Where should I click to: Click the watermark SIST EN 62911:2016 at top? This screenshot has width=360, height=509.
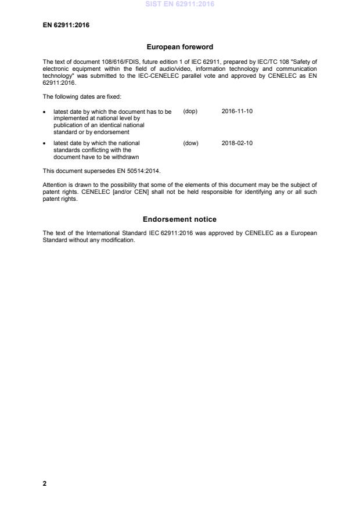pos(179,4)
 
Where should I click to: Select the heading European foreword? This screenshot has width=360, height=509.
pos(179,48)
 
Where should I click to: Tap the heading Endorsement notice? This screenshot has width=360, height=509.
pos(179,219)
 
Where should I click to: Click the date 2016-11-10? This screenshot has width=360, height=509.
pos(237,111)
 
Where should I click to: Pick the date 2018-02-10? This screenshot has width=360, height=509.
pos(237,143)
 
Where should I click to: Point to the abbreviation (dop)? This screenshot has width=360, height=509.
pos(190,111)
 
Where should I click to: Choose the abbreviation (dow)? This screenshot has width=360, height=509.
pos(190,143)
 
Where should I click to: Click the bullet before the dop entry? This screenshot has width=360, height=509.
pos(45,112)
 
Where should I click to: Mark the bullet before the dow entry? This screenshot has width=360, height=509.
pos(45,143)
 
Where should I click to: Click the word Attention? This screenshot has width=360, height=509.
pos(54,185)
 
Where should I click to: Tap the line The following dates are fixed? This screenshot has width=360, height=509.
pos(74,97)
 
